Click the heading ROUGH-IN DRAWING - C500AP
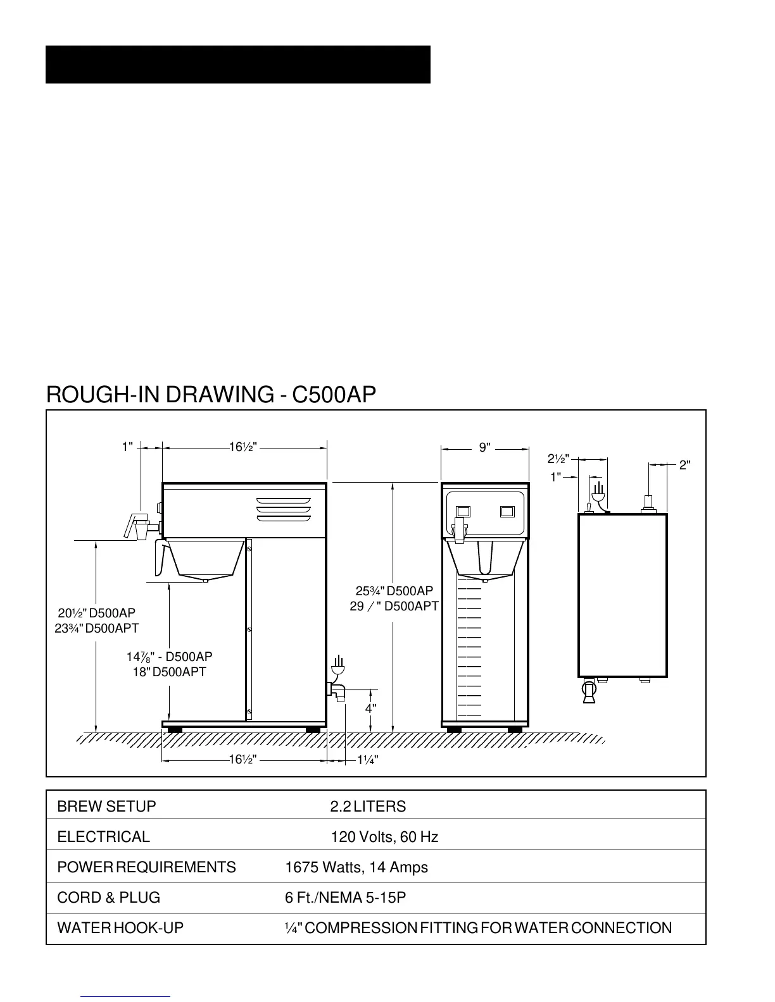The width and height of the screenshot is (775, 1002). [x=211, y=395]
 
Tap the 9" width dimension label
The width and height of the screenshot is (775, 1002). [x=484, y=448]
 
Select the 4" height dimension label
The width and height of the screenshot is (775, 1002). [x=370, y=708]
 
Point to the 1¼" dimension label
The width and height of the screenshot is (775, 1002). [x=367, y=760]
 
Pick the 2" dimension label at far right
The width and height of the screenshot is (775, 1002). [x=684, y=466]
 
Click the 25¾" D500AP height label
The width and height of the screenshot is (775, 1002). [x=394, y=591]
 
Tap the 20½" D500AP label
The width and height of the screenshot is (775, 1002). [x=96, y=613]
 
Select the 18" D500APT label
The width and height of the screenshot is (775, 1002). [x=169, y=672]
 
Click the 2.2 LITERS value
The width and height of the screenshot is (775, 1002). [x=368, y=807]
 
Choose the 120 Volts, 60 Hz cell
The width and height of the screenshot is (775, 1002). [x=384, y=837]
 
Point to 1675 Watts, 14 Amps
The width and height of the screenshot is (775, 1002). [x=356, y=867]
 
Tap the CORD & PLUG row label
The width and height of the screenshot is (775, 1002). [x=109, y=898]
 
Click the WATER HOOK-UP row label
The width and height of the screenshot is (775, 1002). [x=120, y=928]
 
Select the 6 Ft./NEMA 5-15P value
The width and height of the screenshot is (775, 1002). [x=345, y=898]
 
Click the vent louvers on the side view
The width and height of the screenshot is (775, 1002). [x=283, y=510]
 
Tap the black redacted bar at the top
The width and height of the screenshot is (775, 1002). [x=238, y=65]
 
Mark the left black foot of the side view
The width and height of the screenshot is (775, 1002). [x=174, y=729]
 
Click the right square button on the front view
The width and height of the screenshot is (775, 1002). [x=507, y=511]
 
